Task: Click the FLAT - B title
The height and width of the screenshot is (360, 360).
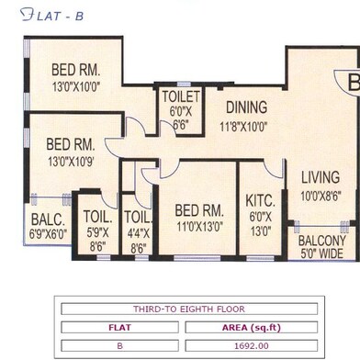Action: coord(52,16)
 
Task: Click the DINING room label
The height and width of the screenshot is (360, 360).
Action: coord(246,107)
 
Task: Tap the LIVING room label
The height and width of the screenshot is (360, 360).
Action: coord(321,177)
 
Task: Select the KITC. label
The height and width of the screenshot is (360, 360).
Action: coord(260,201)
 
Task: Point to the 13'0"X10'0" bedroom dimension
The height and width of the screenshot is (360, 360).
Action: coord(76,86)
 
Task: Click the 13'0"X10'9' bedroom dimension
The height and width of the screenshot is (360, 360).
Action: coord(71,162)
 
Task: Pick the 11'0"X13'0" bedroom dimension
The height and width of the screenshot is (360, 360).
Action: coord(199,227)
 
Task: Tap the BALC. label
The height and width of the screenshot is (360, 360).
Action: coord(48,219)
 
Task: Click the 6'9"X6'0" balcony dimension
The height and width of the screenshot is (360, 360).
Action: coord(48,234)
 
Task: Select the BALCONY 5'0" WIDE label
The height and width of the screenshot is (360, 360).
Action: coord(322,247)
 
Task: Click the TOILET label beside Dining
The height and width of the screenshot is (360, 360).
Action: coord(181,96)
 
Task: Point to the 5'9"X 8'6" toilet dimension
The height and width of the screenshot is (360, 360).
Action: coord(97,240)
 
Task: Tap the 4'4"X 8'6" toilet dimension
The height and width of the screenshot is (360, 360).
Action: coord(139,241)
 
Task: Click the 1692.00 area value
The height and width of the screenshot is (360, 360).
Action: coord(252,346)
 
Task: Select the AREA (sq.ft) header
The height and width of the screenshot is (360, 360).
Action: coord(252,328)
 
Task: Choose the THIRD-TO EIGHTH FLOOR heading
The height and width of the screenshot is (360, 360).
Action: coord(189,309)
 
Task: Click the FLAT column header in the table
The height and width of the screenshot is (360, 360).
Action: coord(119,328)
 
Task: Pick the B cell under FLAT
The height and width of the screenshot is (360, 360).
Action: coord(119,346)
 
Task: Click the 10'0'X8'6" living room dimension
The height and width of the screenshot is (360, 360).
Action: coord(321,196)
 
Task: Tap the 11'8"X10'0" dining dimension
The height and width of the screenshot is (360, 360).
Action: coord(243,126)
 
